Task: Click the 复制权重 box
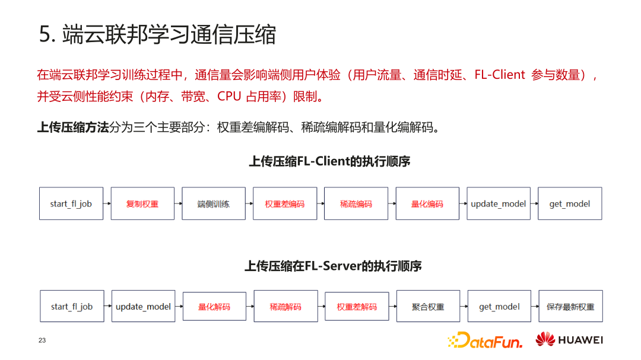coord(142,204)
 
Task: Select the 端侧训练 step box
coord(214,204)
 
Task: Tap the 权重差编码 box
coord(285,204)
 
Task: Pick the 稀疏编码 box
coord(356,204)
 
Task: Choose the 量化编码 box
coord(427,204)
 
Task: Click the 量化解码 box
coord(214,307)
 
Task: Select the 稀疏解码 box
coord(285,307)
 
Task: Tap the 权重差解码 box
coord(357,307)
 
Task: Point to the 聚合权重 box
coord(428,307)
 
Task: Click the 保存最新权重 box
coord(570,307)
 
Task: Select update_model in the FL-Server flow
coord(143,307)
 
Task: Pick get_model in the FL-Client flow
coord(570,204)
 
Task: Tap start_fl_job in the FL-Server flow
coord(72,307)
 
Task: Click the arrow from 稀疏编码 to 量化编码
coord(392,203)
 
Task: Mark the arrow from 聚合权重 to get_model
coord(464,306)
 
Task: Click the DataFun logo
coord(485,340)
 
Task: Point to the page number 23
coord(42,340)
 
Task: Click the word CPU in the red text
coord(229,96)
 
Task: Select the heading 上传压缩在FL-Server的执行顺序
coord(333,266)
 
